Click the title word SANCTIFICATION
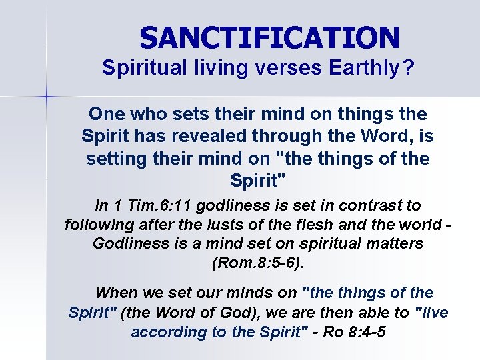[269, 37]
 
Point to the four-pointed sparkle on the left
[47, 97]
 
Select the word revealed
[211, 136]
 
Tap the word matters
[393, 243]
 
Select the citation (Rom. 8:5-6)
[257, 262]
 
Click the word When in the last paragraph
[116, 293]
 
